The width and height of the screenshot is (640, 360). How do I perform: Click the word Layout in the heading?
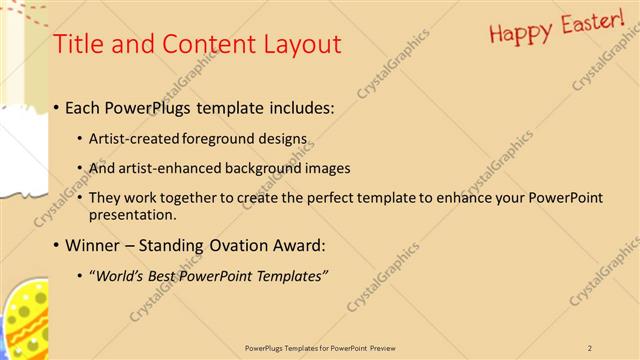tap(299, 45)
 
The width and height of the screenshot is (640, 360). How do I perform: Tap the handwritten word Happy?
tap(521, 32)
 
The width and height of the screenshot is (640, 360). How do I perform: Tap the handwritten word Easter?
tap(590, 22)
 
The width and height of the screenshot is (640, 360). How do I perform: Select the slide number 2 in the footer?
tap(590, 347)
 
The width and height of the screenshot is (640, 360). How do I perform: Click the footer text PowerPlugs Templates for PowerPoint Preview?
tap(319, 347)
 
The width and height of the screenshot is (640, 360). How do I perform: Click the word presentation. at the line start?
tap(132, 214)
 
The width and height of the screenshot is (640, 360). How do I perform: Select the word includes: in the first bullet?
tap(300, 106)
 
